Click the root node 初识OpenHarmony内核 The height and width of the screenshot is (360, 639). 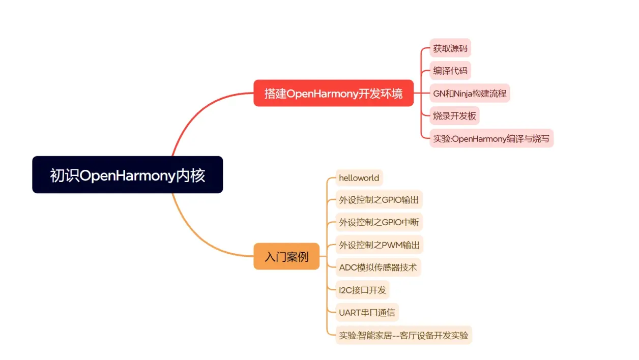click(x=127, y=175)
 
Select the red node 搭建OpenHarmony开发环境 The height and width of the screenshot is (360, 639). click(x=333, y=94)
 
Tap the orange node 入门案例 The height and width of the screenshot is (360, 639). click(x=286, y=257)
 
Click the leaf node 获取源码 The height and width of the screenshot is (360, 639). click(x=450, y=49)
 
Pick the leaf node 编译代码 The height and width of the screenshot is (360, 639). click(x=450, y=71)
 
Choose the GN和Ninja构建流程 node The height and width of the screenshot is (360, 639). click(x=470, y=94)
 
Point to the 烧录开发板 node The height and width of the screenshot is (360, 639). click(x=454, y=116)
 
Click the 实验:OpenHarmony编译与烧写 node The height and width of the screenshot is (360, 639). click(x=491, y=138)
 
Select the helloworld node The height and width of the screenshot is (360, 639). click(x=359, y=178)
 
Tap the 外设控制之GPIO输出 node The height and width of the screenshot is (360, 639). click(x=379, y=200)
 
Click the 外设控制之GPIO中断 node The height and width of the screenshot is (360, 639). click(x=379, y=222)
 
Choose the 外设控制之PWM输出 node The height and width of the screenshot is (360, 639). click(x=380, y=245)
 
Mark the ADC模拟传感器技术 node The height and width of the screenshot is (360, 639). click(x=378, y=267)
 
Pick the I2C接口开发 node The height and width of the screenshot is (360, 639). click(x=362, y=290)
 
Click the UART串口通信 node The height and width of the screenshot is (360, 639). click(x=367, y=312)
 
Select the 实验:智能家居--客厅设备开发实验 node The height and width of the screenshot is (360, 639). click(x=403, y=335)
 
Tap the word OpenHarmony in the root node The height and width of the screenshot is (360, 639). click(x=128, y=175)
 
